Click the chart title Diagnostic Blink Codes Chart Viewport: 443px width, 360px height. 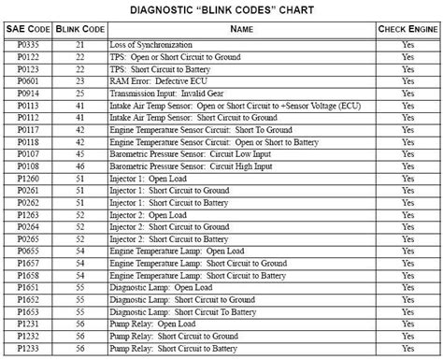221,9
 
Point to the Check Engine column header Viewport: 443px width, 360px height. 407,30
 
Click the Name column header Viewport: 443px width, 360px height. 242,30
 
